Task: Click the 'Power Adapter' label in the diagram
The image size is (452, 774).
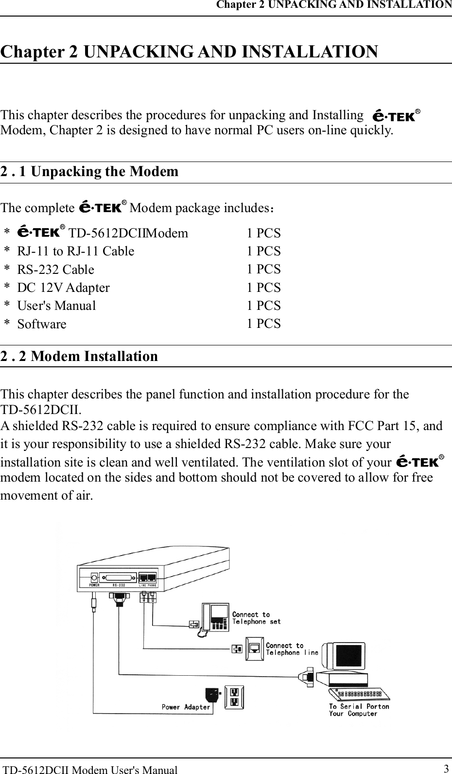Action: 186,707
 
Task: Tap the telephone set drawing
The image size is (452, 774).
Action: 215,617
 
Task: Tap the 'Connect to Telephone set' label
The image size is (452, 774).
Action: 256,618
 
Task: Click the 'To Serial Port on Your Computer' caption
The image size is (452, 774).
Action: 359,710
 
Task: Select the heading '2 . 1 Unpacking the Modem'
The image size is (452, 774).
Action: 89,172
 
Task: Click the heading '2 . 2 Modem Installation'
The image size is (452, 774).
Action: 79,356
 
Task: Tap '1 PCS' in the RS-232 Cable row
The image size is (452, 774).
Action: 263,269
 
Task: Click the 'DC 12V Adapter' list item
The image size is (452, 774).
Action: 63,288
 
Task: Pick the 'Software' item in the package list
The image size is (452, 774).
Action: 42,324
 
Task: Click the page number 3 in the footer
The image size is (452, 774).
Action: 446,769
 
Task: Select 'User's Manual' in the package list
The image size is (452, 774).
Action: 56,306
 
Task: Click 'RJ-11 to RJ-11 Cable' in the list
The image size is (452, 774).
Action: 76,251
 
